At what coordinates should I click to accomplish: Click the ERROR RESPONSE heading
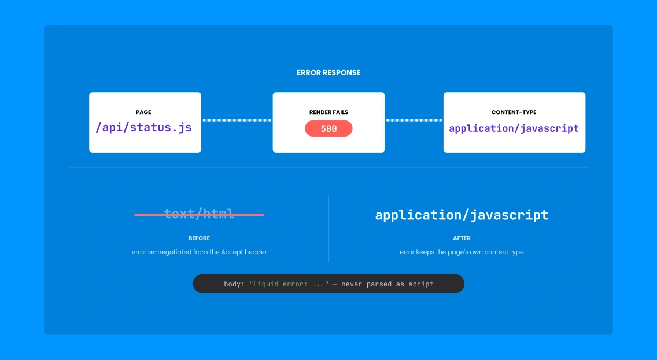[x=328, y=72]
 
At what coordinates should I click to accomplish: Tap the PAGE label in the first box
[x=143, y=112]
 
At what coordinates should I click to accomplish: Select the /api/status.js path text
[x=143, y=127]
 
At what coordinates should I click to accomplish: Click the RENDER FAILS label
[x=328, y=112]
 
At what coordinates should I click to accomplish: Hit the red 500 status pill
[x=328, y=128]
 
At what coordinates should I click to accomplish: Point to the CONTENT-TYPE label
[x=514, y=112]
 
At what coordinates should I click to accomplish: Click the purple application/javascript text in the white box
[x=514, y=128]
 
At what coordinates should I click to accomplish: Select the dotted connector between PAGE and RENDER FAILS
[x=237, y=120]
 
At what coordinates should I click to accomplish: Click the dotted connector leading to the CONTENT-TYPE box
[x=414, y=120]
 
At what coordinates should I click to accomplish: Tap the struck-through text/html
[x=199, y=214]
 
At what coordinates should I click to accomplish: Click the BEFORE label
[x=199, y=238]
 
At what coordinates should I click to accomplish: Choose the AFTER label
[x=462, y=238]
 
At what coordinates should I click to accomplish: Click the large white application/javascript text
[x=462, y=215]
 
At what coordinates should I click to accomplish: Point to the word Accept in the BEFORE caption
[x=232, y=252]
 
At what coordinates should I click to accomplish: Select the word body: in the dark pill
[x=234, y=284]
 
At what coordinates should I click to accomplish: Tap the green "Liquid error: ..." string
[x=289, y=284]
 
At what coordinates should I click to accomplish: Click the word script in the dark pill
[x=421, y=284]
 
